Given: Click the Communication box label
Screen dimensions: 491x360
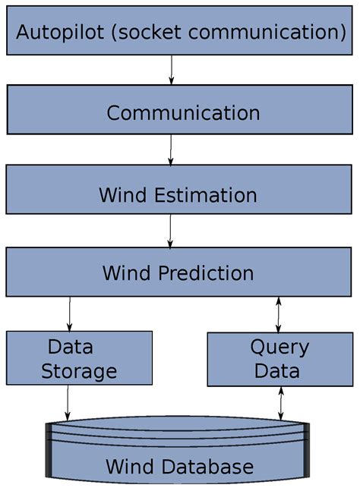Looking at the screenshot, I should coord(183,113).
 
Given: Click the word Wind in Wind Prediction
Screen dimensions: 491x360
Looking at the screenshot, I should coord(127,273).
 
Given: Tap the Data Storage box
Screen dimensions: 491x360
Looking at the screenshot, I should coord(79,359).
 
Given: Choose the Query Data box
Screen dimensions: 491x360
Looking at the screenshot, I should coord(279,359).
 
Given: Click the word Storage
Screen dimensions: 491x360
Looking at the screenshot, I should coord(79,371).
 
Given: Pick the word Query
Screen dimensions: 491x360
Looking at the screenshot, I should coord(279,348).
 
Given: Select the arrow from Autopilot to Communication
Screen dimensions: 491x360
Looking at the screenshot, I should coord(172,69).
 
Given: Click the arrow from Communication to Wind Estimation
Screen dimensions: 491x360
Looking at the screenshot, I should coord(171,150).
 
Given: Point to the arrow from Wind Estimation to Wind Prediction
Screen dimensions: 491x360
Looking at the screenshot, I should coord(170,231).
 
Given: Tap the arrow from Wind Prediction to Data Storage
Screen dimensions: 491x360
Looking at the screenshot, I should coord(70,313).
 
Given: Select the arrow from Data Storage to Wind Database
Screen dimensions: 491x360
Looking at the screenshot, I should coord(68,401).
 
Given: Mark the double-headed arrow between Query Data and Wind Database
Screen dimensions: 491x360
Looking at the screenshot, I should coord(282,402).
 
